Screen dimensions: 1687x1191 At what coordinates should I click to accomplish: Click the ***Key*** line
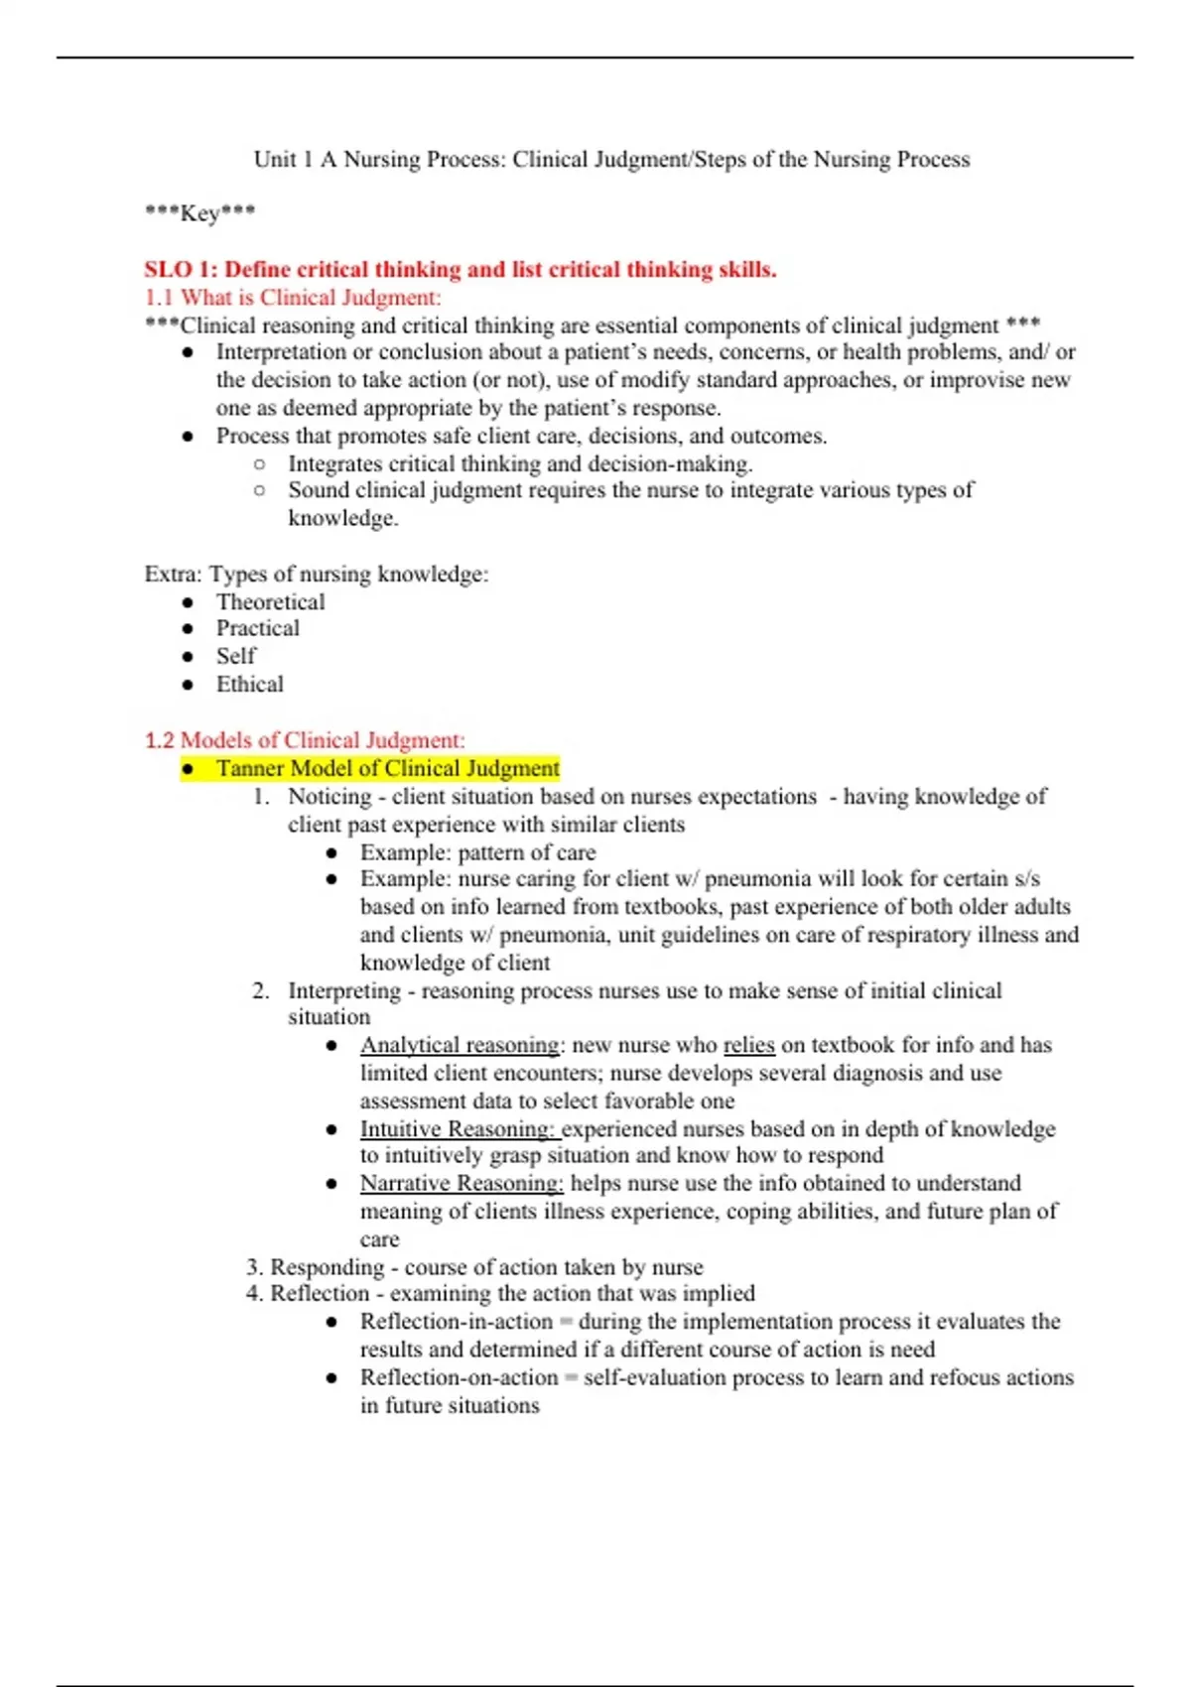click(x=199, y=212)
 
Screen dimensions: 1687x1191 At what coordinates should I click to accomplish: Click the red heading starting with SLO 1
click(x=460, y=270)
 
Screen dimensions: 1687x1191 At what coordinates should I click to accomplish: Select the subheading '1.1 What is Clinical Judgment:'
click(x=293, y=298)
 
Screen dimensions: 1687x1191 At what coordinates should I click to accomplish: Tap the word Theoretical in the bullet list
click(x=270, y=602)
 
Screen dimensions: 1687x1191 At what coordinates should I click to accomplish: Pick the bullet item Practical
click(x=257, y=628)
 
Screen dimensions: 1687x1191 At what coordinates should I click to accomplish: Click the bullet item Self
click(x=235, y=656)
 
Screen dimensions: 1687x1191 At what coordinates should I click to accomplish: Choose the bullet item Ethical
click(x=249, y=684)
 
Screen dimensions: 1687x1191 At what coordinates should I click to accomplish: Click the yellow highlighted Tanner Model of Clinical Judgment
click(x=387, y=768)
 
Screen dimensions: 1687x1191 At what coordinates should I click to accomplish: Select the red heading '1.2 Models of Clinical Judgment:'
click(x=304, y=740)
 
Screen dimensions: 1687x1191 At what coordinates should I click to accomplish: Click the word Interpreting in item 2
click(x=343, y=990)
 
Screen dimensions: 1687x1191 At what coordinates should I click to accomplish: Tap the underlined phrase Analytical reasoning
click(x=460, y=1045)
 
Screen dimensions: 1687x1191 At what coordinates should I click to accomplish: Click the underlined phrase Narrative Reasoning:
click(x=461, y=1183)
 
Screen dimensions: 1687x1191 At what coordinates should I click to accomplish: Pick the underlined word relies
click(x=748, y=1045)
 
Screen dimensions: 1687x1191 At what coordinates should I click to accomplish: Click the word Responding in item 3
click(x=327, y=1267)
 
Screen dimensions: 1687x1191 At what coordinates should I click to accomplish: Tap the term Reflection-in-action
click(x=456, y=1322)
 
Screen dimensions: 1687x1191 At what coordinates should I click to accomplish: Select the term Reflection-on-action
click(x=459, y=1377)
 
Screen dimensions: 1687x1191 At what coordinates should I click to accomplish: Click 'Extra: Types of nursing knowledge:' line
click(x=316, y=575)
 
